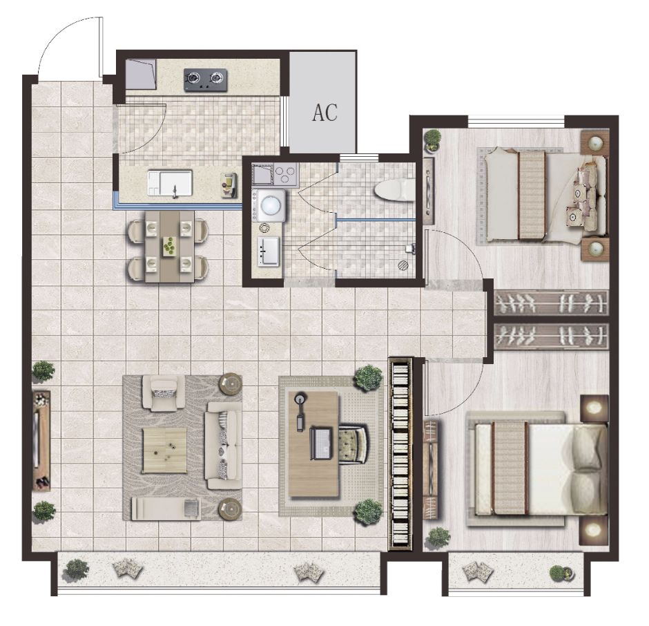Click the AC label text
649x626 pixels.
point(325,112)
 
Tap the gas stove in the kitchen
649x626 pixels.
point(206,80)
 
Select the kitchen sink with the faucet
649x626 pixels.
point(170,182)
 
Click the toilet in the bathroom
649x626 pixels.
point(394,191)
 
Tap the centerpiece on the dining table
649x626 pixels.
point(170,247)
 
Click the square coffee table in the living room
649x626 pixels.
point(164,450)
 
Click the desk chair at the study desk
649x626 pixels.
point(353,444)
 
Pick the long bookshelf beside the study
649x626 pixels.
point(400,454)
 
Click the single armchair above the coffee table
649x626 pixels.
point(164,392)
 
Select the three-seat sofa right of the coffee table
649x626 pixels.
point(224,446)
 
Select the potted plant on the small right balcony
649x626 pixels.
point(561,573)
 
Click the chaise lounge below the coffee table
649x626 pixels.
point(166,509)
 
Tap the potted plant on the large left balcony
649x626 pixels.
point(77,569)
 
